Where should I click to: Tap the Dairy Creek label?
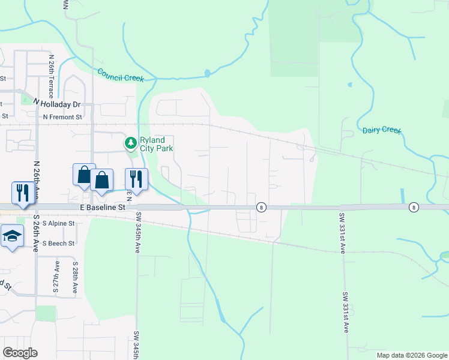coord(382,130)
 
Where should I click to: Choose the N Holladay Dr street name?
coord(56,104)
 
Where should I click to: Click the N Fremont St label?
coord(62,117)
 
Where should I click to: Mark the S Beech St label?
coord(58,244)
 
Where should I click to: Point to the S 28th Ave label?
coord(76,277)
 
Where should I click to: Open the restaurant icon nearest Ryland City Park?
coord(137,179)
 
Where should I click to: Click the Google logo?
coord(20,353)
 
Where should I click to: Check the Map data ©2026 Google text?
coord(412,355)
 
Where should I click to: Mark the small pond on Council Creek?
coord(207,73)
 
